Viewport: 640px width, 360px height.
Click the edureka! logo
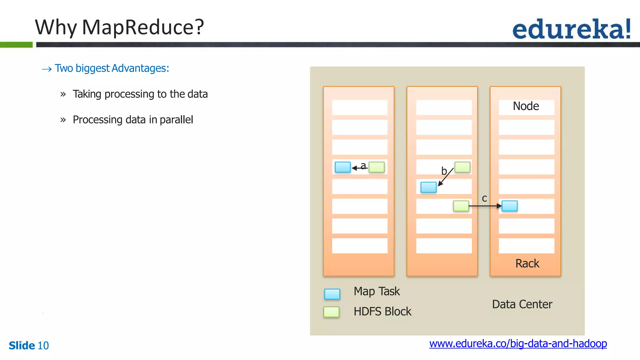(571, 29)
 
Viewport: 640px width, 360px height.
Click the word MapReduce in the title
(142, 27)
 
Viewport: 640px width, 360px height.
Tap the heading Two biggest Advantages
(112, 68)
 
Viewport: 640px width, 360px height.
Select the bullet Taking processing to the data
(140, 94)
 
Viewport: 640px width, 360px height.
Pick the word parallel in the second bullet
(176, 120)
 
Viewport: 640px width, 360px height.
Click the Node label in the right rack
(526, 106)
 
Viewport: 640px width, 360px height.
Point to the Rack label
(527, 263)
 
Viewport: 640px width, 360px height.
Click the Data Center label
(522, 304)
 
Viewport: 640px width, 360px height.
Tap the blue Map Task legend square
(332, 294)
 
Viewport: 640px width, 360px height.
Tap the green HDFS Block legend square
(331, 312)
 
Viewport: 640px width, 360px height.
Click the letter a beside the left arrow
(363, 165)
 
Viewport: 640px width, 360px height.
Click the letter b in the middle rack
(444, 171)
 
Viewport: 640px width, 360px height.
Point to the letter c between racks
(484, 198)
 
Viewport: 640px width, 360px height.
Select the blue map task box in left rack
(342, 167)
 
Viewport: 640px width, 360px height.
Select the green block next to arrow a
(377, 167)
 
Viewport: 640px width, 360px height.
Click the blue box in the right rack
(509, 206)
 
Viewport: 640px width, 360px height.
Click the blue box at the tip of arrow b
(428, 187)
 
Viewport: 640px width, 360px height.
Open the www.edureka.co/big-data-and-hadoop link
(518, 343)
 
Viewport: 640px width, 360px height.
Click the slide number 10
(43, 346)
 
